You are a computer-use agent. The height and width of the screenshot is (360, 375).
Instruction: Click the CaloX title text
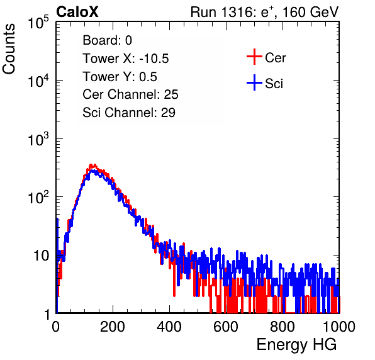pyautogui.click(x=77, y=12)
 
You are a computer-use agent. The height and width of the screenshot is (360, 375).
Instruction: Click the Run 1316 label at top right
pyautogui.click(x=264, y=12)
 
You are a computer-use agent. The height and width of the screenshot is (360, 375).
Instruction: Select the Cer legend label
pyautogui.click(x=275, y=58)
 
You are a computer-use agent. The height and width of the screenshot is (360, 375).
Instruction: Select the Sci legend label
pyautogui.click(x=274, y=84)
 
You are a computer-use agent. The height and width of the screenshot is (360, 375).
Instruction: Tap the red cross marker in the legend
pyautogui.click(x=254, y=57)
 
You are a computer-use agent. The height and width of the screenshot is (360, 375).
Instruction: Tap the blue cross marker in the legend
pyautogui.click(x=254, y=82)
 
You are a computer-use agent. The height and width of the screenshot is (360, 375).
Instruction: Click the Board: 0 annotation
pyautogui.click(x=107, y=40)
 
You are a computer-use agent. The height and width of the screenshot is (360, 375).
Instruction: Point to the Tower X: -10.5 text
pyautogui.click(x=126, y=59)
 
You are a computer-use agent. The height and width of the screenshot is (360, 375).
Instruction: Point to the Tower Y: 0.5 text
pyautogui.click(x=120, y=77)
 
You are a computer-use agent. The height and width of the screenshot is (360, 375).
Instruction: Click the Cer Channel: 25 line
pyautogui.click(x=130, y=94)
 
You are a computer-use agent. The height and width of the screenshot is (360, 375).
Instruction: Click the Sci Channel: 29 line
pyautogui.click(x=129, y=113)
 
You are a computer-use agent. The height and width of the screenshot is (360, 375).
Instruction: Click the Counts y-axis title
pyautogui.click(x=9, y=49)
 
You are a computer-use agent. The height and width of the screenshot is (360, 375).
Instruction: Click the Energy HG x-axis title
pyautogui.click(x=296, y=345)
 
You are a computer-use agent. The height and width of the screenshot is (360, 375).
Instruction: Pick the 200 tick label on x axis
pyautogui.click(x=113, y=327)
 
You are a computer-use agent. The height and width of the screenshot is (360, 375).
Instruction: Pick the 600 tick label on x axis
pyautogui.click(x=226, y=327)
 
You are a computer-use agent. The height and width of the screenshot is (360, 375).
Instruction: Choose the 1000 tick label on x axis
pyautogui.click(x=339, y=327)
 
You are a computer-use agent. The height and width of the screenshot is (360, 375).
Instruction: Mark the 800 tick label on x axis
pyautogui.click(x=283, y=327)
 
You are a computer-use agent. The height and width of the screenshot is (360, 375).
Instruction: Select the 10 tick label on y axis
pyautogui.click(x=42, y=256)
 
